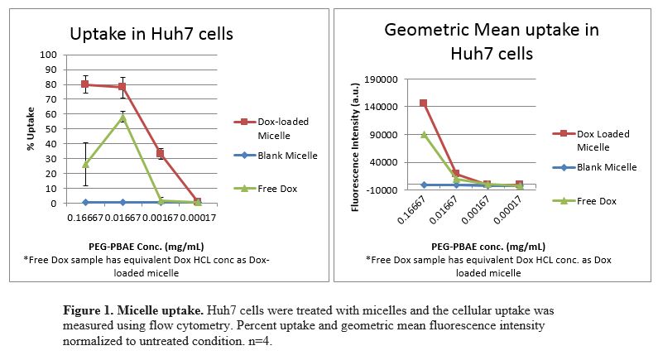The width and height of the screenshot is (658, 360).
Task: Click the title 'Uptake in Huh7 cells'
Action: (x=151, y=34)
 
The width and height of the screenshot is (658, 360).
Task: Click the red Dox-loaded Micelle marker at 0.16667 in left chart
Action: (x=85, y=84)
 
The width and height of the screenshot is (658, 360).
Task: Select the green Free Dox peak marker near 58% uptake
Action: (x=123, y=117)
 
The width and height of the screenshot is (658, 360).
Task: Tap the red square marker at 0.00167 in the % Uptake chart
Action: (x=161, y=154)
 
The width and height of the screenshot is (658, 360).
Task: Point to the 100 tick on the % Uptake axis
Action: (x=48, y=55)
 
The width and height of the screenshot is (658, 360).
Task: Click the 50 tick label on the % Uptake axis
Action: (x=50, y=129)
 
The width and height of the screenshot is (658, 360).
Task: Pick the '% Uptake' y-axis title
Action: (x=31, y=129)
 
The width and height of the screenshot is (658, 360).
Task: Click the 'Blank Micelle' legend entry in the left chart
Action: (x=276, y=156)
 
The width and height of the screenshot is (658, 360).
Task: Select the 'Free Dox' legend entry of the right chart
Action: (x=584, y=201)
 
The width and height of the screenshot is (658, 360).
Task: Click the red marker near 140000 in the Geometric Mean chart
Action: (x=424, y=103)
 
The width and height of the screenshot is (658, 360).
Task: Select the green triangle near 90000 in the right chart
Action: (x=424, y=135)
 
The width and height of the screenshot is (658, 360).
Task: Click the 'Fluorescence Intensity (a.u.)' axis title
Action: (x=355, y=147)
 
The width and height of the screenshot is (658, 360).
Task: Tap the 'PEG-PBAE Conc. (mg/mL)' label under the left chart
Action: (x=146, y=247)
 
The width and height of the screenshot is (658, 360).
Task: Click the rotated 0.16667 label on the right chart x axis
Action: (x=411, y=209)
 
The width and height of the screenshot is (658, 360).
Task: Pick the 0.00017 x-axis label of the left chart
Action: (x=199, y=218)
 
